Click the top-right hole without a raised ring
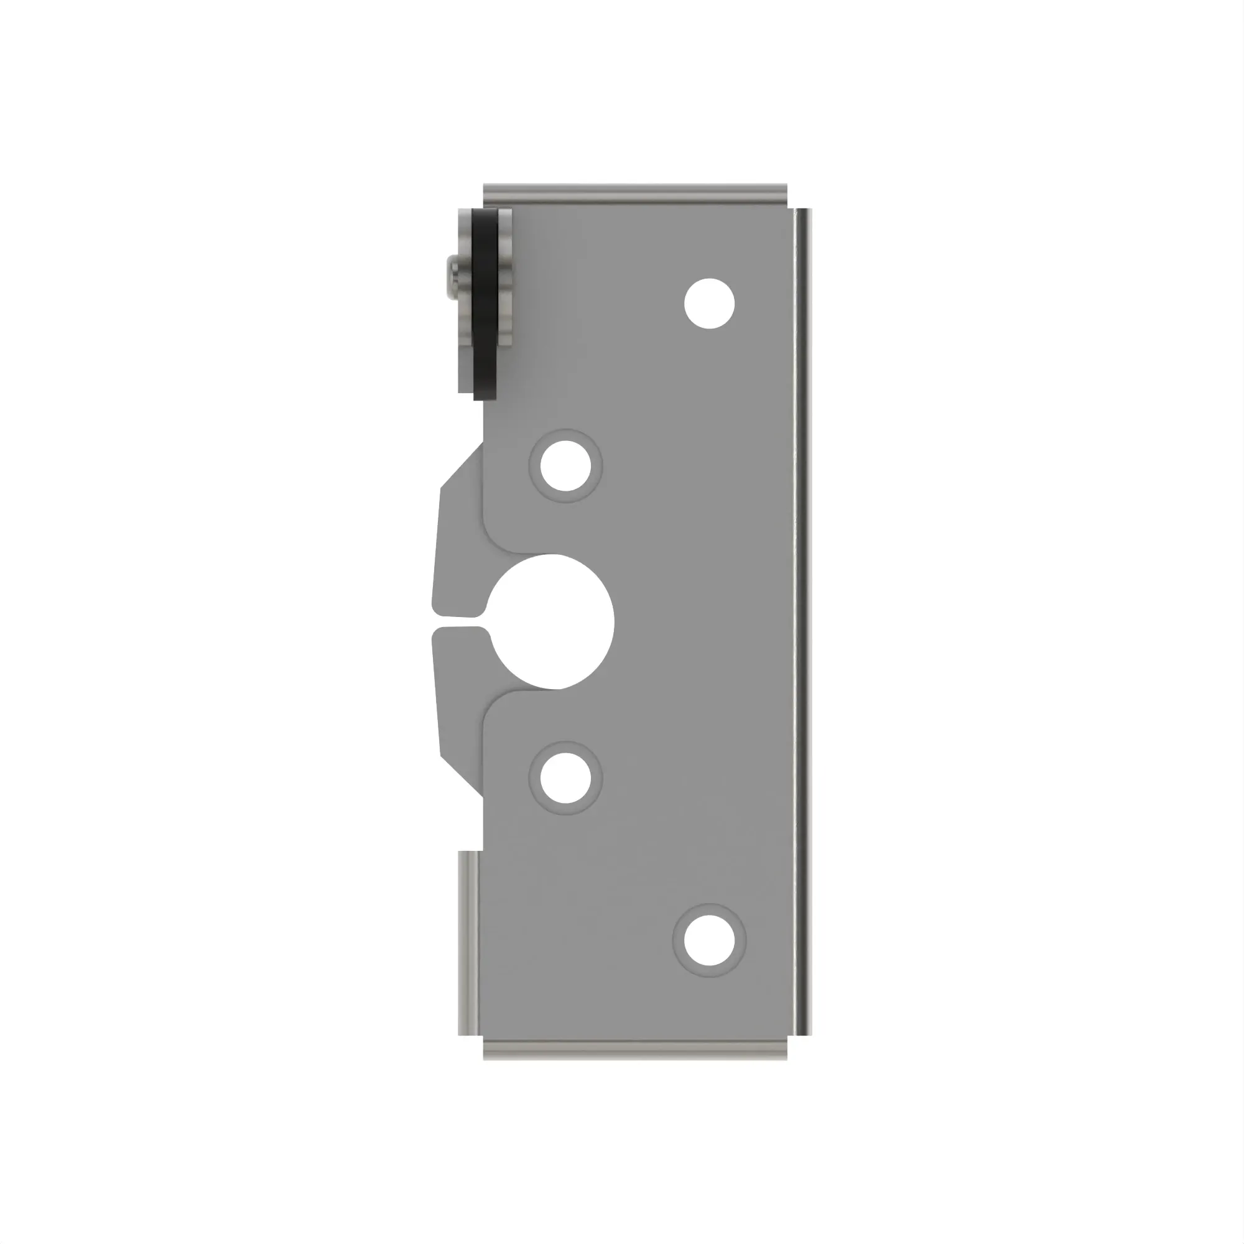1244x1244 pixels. tap(709, 304)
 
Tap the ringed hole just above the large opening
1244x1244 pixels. tap(565, 465)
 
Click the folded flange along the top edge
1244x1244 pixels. tap(634, 194)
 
